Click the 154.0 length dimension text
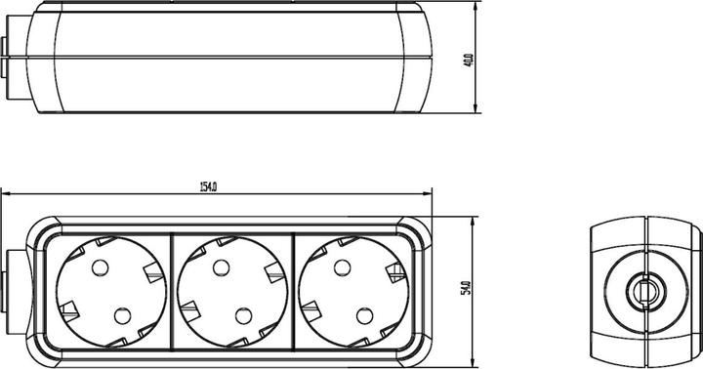[207, 186]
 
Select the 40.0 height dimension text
[469, 60]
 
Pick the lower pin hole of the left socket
[122, 314]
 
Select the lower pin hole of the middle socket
[244, 314]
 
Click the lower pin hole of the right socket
[364, 314]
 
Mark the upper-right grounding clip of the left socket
[152, 273]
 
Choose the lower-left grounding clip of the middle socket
[189, 309]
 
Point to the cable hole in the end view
[645, 290]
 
